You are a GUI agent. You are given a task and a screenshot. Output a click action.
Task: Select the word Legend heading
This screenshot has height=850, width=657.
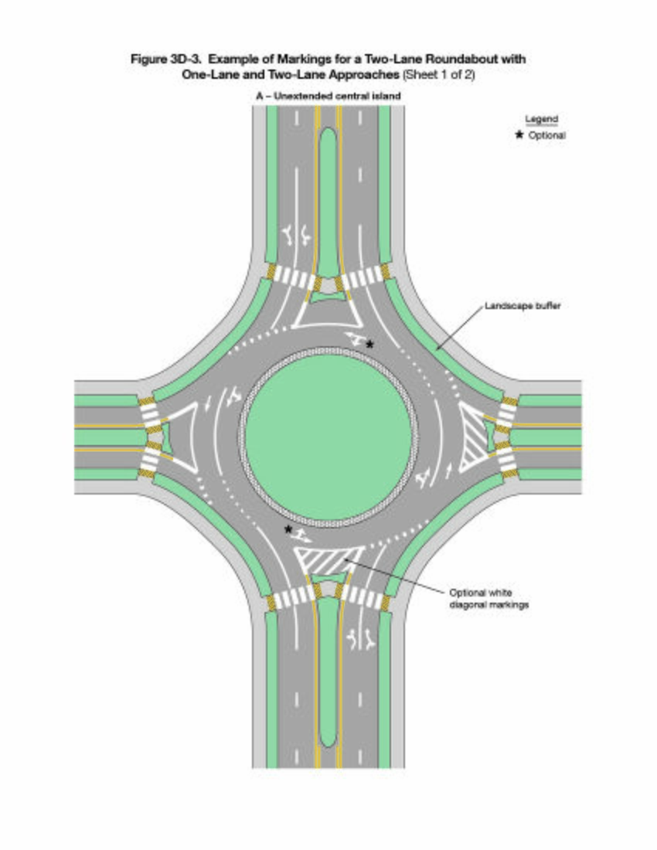click(x=541, y=120)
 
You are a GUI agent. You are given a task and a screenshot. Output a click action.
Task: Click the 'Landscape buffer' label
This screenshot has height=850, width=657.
click(x=522, y=306)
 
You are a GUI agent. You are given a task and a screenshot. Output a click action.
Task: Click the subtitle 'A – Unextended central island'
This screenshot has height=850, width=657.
click(x=328, y=95)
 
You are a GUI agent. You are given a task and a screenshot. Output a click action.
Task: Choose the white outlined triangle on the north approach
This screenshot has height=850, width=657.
click(x=328, y=311)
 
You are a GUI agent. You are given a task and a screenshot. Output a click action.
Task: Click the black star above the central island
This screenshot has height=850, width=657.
click(x=370, y=344)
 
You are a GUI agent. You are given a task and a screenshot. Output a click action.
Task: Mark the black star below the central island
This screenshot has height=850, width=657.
click(x=288, y=529)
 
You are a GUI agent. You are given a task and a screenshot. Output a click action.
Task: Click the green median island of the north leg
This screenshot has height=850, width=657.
click(x=328, y=193)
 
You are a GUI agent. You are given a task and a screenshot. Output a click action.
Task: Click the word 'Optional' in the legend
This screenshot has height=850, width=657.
click(x=546, y=135)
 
